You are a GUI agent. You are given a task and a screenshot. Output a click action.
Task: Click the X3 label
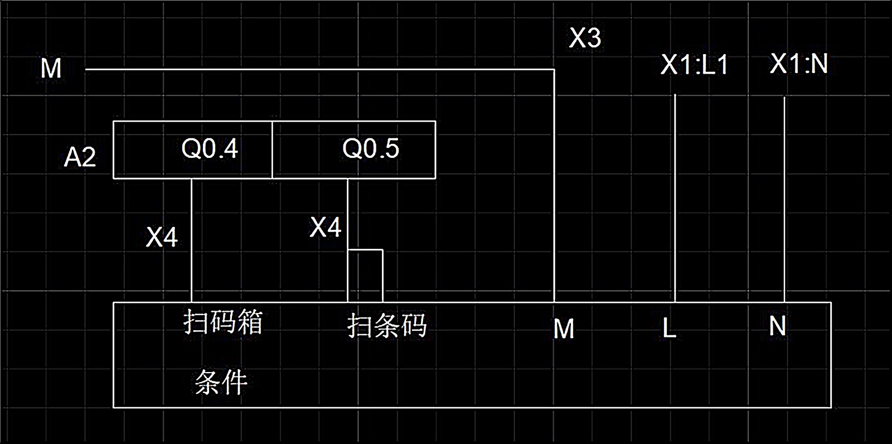point(585,38)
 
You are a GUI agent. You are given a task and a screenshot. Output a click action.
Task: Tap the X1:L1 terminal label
point(695,65)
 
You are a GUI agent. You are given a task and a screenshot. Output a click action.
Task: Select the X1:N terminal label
point(798,64)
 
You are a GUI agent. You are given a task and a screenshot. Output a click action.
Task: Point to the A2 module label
point(80,157)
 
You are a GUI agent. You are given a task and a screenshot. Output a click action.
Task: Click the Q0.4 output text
point(210,149)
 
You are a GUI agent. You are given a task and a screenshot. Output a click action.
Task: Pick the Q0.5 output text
point(371,149)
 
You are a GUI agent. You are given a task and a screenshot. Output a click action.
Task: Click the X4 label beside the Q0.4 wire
point(162,237)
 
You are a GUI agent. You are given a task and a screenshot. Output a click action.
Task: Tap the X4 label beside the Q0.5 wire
point(326,228)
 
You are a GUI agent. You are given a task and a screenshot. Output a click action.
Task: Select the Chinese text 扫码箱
point(223,322)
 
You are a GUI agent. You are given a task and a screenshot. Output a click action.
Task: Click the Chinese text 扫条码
point(387,326)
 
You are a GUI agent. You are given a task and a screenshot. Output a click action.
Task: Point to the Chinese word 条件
point(221,383)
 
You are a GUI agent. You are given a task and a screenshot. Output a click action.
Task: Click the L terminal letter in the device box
point(670,329)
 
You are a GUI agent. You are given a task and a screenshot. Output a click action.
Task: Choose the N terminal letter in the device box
point(778,326)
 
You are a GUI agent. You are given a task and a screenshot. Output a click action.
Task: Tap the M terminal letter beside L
point(564,329)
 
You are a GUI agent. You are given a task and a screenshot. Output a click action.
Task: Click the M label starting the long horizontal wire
point(51,69)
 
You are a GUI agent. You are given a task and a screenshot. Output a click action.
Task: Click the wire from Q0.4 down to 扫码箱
point(191,240)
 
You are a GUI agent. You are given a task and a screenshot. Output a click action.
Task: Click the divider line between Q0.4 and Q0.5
point(272,149)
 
